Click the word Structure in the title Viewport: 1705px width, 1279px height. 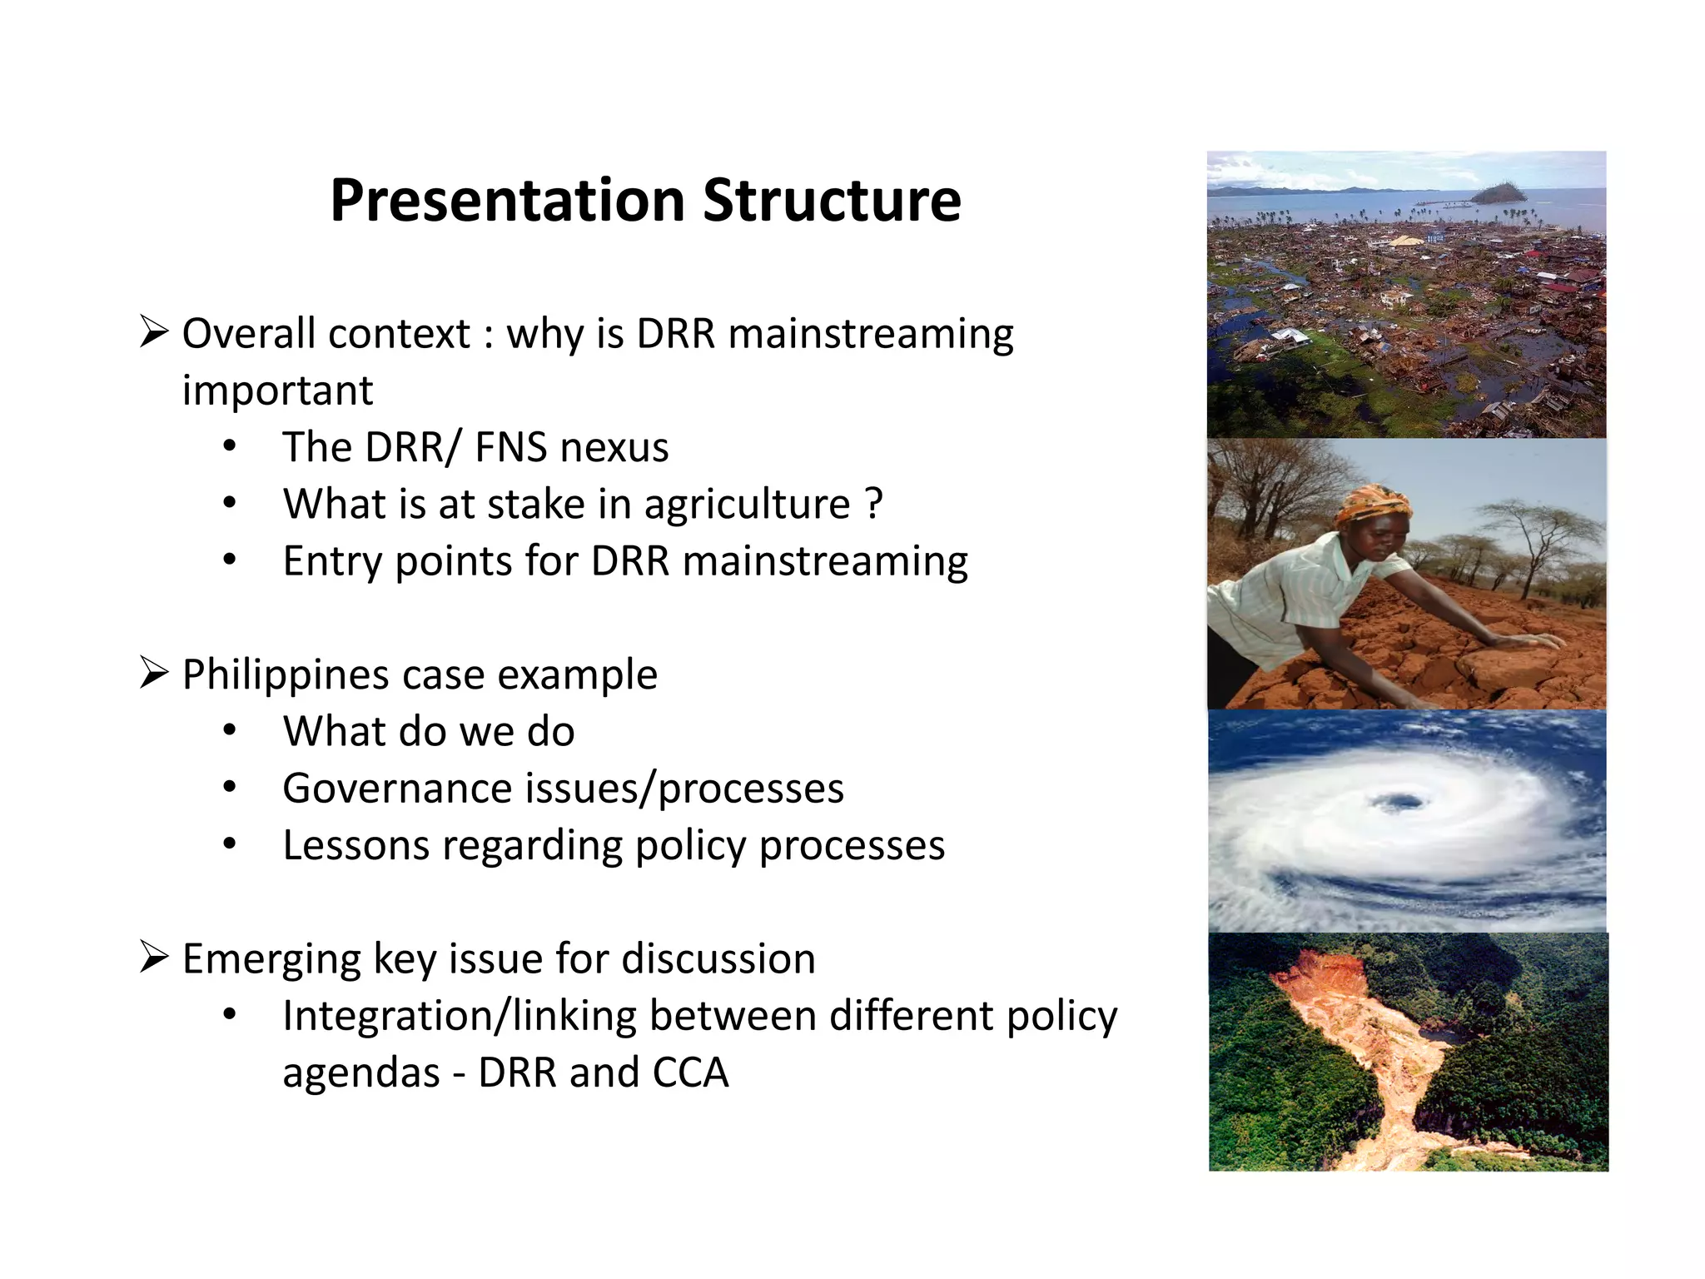832,201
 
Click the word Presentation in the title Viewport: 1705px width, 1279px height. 507,201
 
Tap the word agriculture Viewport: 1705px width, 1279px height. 747,505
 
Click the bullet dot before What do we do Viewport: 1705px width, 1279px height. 230,731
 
